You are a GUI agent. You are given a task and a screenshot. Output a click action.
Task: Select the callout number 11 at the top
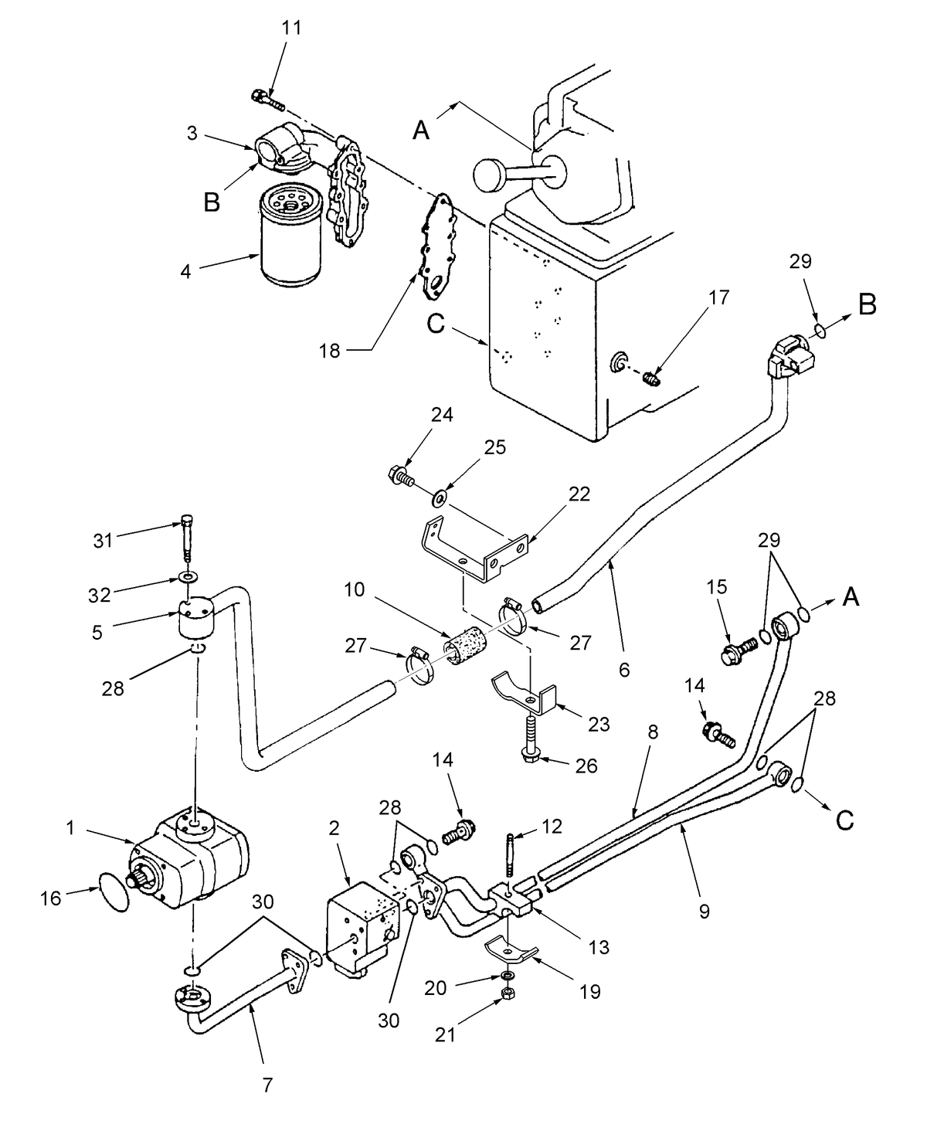point(292,29)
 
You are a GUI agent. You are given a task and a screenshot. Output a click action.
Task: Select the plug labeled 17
point(651,379)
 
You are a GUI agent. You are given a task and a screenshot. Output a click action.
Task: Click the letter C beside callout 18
point(436,324)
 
